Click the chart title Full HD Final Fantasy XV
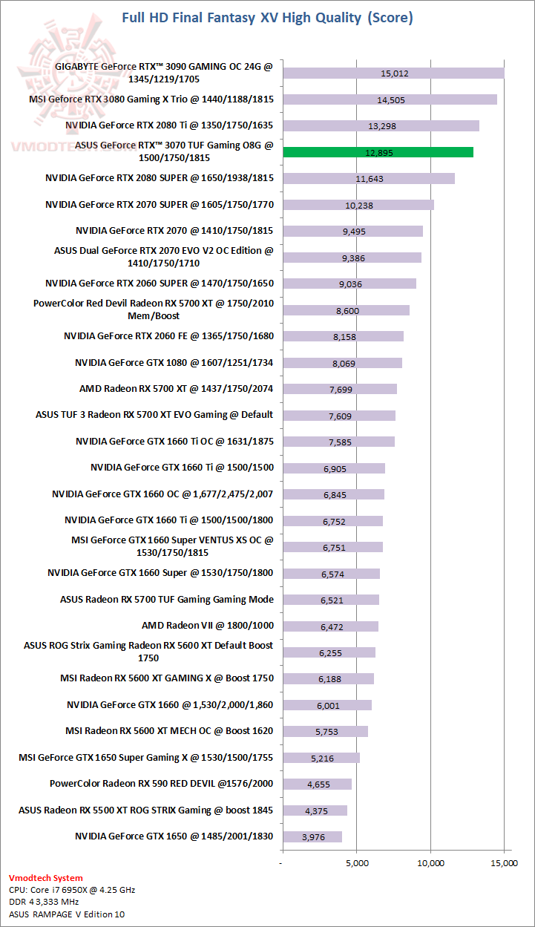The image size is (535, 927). click(266, 17)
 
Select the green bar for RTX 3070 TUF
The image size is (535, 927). click(378, 152)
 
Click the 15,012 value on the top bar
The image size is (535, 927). click(394, 73)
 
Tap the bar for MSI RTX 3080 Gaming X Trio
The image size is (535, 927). click(390, 99)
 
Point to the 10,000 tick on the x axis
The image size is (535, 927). click(430, 863)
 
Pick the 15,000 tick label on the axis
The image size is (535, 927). click(504, 863)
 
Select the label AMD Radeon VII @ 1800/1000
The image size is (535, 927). click(207, 626)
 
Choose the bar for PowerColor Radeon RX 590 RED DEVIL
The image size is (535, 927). click(317, 784)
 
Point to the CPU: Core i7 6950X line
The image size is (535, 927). click(72, 889)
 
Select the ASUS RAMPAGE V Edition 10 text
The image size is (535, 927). click(67, 914)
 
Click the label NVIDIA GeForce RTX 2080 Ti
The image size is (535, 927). click(169, 125)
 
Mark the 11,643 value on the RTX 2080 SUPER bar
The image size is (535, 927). click(370, 179)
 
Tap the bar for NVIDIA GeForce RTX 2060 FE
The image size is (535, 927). click(343, 336)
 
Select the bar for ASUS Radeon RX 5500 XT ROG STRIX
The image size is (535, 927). click(315, 810)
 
